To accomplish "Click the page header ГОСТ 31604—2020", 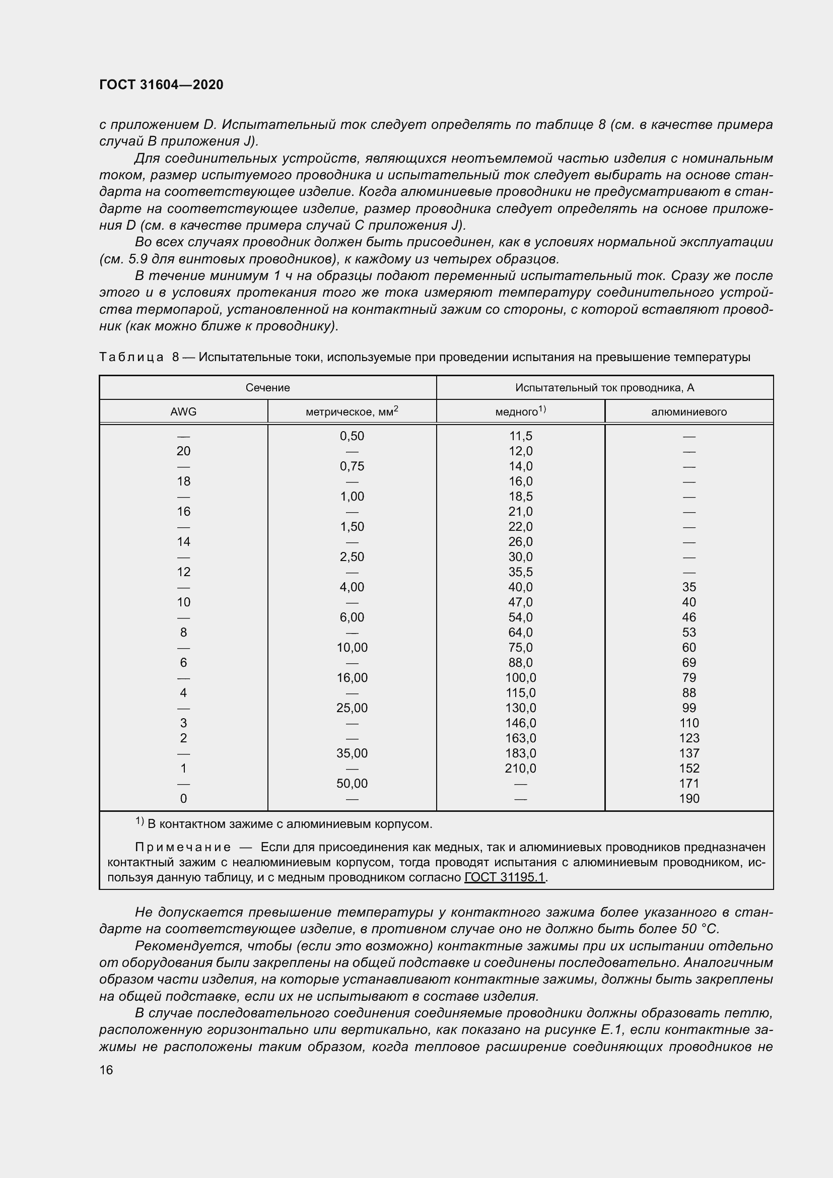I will coord(161,85).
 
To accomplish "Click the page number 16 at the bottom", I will coord(106,1070).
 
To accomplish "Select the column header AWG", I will coord(183,411).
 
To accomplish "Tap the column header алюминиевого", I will coord(689,411).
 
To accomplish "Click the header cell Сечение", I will coord(267,387).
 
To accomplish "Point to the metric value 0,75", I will coord(352,466).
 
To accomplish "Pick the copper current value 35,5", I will coord(520,572).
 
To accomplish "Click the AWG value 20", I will coord(183,451).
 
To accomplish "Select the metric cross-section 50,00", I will coord(352,783).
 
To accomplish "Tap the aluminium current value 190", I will coord(689,798).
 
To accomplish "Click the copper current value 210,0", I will coord(520,768).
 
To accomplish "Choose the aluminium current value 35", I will coord(689,587).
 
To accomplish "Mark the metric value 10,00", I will coord(352,648).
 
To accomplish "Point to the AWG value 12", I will coord(183,572).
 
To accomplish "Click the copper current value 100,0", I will coord(520,677).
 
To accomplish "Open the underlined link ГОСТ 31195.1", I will coord(504,877).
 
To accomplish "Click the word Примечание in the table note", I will coord(183,847).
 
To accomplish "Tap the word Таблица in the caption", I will coord(131,357).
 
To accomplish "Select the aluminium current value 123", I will coord(689,738).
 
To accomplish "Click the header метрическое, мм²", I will coord(352,411).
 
